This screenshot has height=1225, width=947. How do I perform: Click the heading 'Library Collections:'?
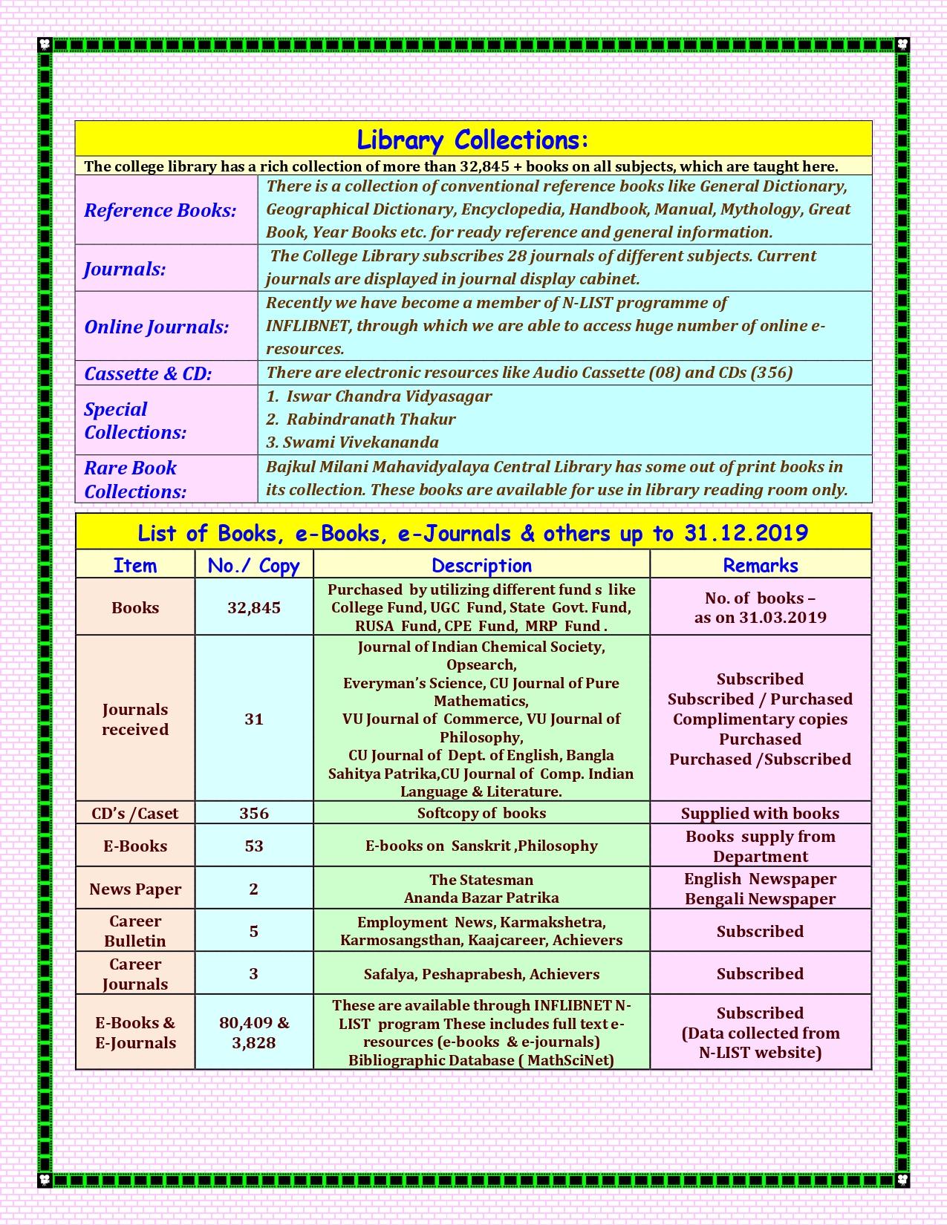(472, 140)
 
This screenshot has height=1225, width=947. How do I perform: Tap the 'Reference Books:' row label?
(160, 211)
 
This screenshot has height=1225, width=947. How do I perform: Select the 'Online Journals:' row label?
(157, 327)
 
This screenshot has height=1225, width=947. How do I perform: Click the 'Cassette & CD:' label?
(148, 373)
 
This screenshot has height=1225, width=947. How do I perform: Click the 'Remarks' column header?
(760, 565)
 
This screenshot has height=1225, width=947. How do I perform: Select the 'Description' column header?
(481, 565)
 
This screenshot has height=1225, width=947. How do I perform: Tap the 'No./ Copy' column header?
(253, 566)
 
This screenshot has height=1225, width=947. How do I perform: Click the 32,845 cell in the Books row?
(254, 608)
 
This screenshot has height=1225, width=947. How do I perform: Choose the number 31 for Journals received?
(254, 719)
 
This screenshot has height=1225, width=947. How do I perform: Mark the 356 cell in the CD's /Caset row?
(254, 813)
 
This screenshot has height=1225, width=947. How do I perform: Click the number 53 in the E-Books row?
(254, 846)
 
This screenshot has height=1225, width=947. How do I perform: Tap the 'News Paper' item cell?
(135, 889)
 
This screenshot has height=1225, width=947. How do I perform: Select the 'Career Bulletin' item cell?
(135, 931)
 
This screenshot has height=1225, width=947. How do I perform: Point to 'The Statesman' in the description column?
(481, 880)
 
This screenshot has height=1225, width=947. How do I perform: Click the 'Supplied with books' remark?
(760, 814)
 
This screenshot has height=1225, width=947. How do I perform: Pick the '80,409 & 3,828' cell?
(254, 1033)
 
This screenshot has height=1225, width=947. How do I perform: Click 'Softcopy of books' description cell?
(481, 813)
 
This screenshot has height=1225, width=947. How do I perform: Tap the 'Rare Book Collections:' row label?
(134, 480)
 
